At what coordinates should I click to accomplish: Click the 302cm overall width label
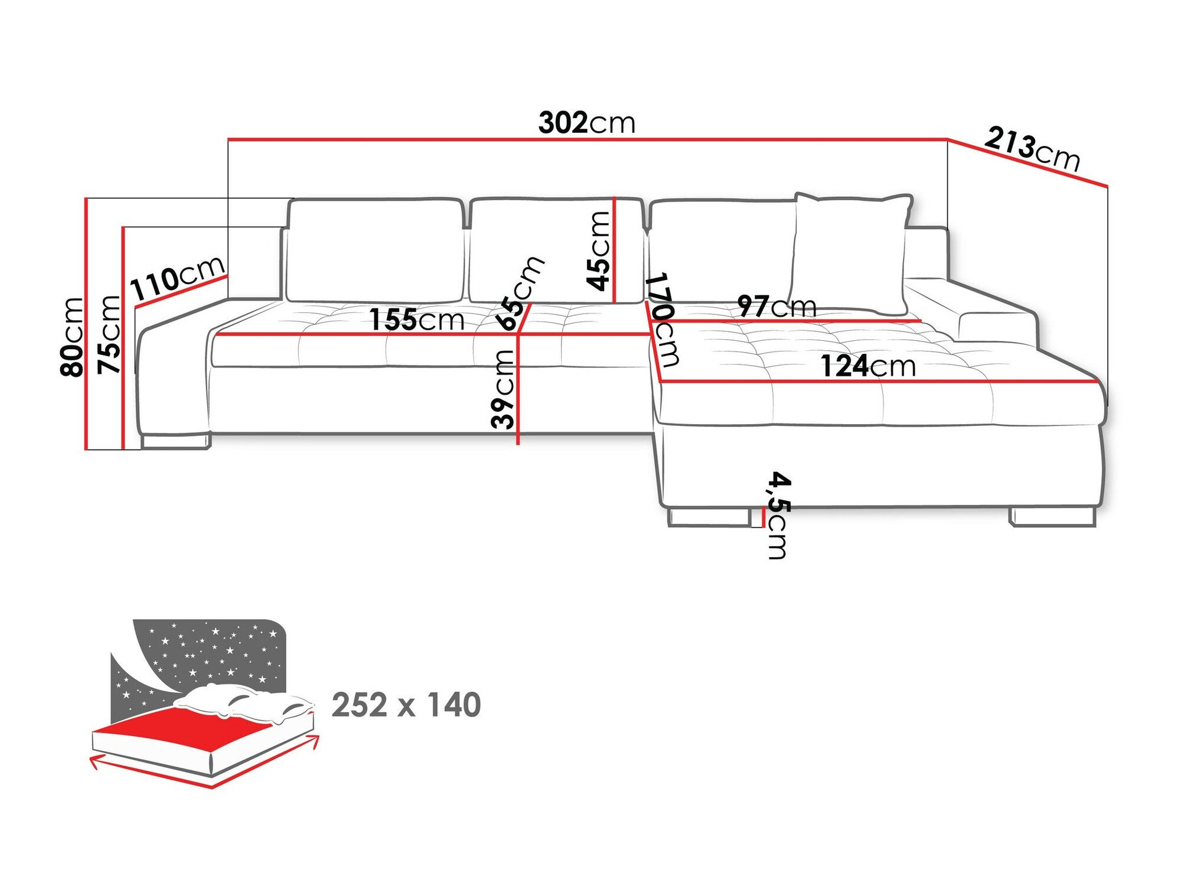[x=586, y=123]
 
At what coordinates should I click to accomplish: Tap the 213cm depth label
[x=1032, y=149]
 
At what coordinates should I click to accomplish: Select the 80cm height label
[x=71, y=337]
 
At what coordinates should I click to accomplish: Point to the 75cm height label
[x=109, y=334]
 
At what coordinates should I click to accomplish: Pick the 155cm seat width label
[x=417, y=320]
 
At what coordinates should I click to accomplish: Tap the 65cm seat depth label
[x=519, y=294]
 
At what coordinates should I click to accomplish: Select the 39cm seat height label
[x=503, y=389]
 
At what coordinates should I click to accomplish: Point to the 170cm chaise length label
[x=663, y=319]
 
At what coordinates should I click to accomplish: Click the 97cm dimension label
[x=777, y=306]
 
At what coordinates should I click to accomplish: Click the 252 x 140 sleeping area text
[x=406, y=705]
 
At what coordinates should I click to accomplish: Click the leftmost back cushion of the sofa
[x=375, y=251]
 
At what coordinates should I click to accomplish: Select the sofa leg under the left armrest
[x=175, y=441]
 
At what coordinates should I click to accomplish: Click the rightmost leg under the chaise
[x=1052, y=517]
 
